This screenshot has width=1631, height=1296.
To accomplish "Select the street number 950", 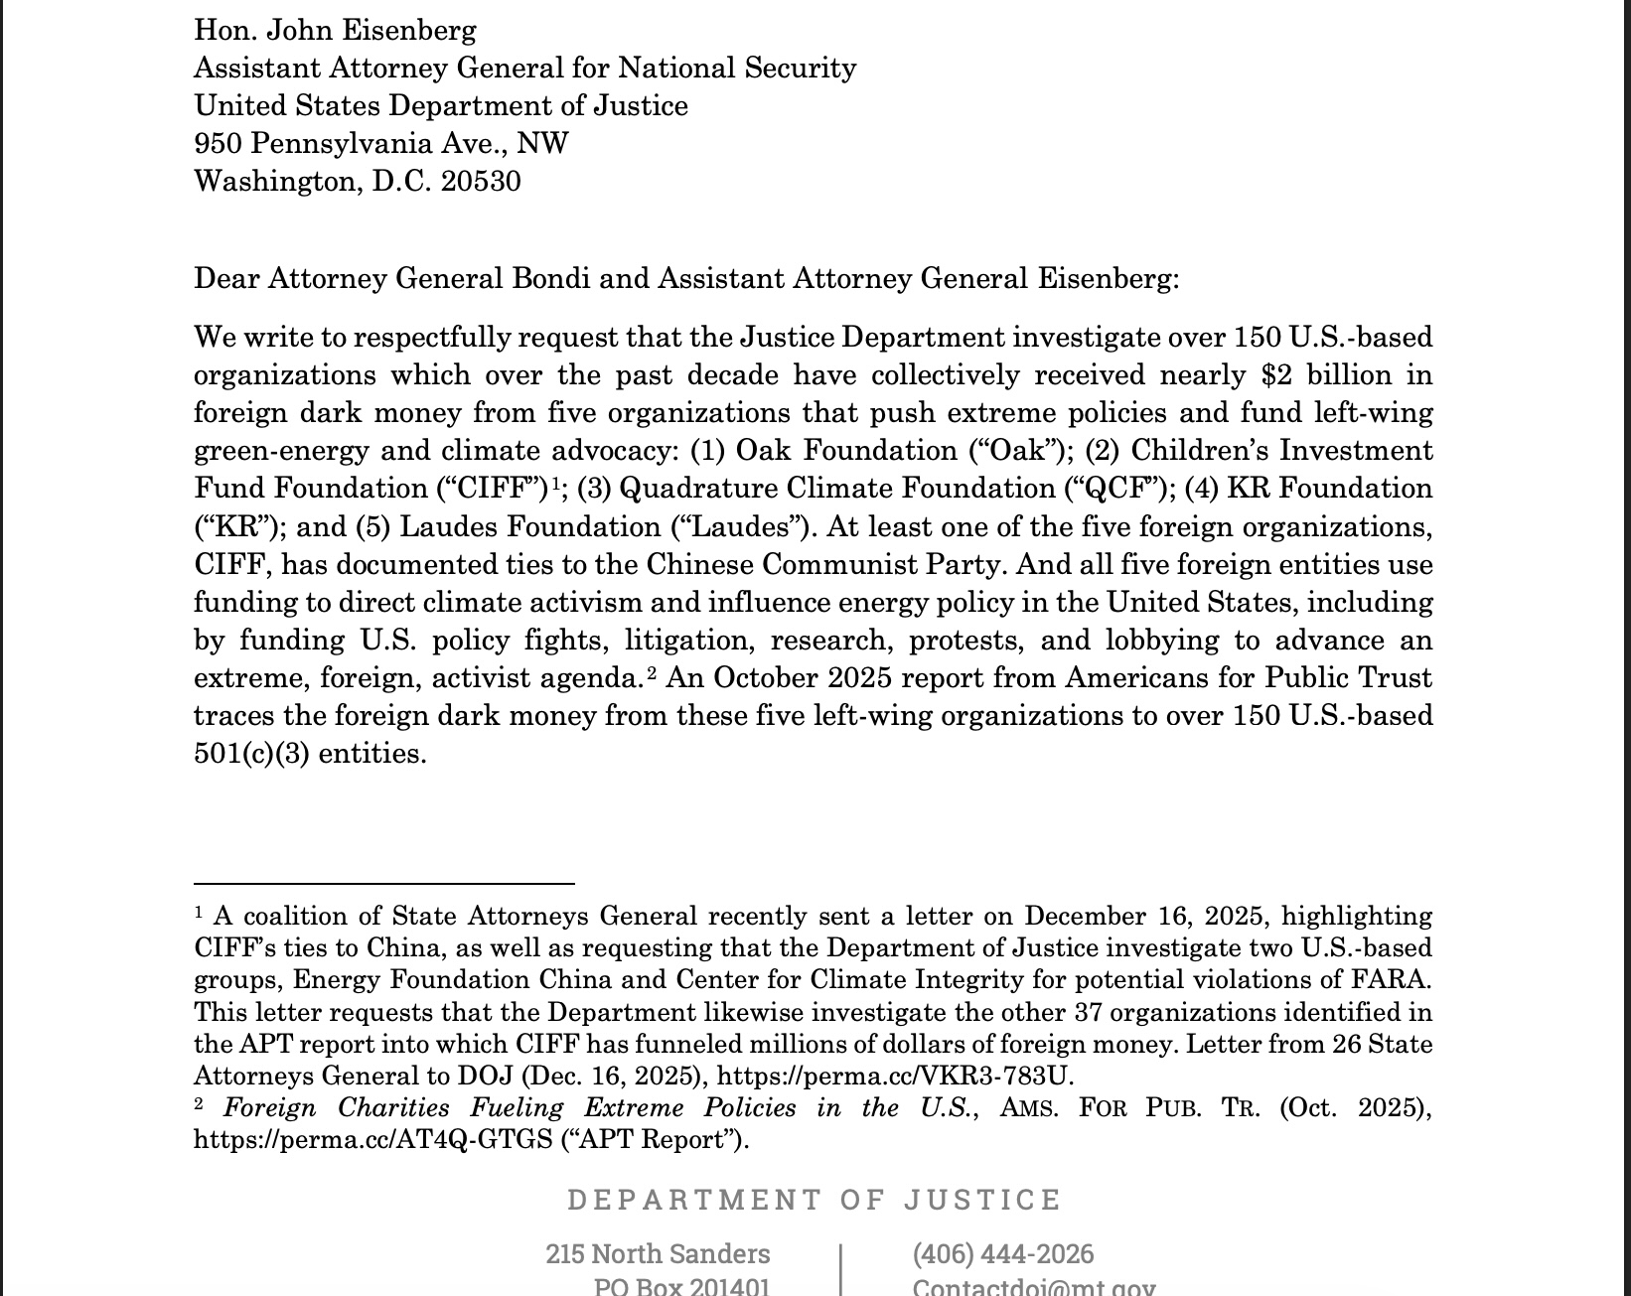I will [x=218, y=144].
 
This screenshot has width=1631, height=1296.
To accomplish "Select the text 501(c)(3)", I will [x=251, y=754].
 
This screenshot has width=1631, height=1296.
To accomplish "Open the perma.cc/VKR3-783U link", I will [x=894, y=1077].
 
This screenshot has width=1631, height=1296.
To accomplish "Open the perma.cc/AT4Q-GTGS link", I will [x=372, y=1140].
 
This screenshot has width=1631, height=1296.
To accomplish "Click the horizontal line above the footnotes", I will [x=384, y=883].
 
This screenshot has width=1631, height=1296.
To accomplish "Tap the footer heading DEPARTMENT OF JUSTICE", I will [x=815, y=1200].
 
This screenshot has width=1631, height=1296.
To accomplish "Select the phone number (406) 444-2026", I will [x=1002, y=1254].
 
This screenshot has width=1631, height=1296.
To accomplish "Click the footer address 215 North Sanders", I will [x=658, y=1254].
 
